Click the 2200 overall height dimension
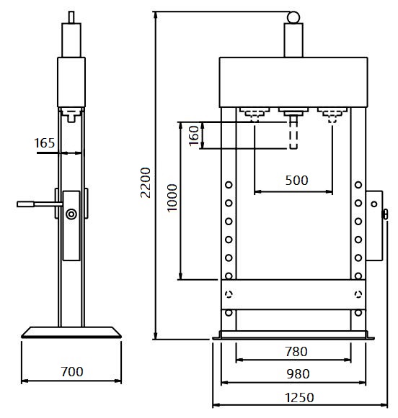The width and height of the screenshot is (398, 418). [x=146, y=183]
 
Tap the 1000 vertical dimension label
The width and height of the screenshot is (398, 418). [x=172, y=198]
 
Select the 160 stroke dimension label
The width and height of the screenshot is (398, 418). [x=194, y=136]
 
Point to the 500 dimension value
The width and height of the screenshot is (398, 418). [x=296, y=181]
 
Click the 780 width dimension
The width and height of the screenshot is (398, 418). [x=296, y=352]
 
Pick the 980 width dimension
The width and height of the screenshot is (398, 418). [x=298, y=374]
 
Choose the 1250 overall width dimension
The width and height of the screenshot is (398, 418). [x=299, y=398]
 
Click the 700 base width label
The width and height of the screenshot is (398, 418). [x=72, y=372]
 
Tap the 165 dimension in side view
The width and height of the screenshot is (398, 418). [x=44, y=143]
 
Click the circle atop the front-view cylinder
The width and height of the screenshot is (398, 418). [x=293, y=17]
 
